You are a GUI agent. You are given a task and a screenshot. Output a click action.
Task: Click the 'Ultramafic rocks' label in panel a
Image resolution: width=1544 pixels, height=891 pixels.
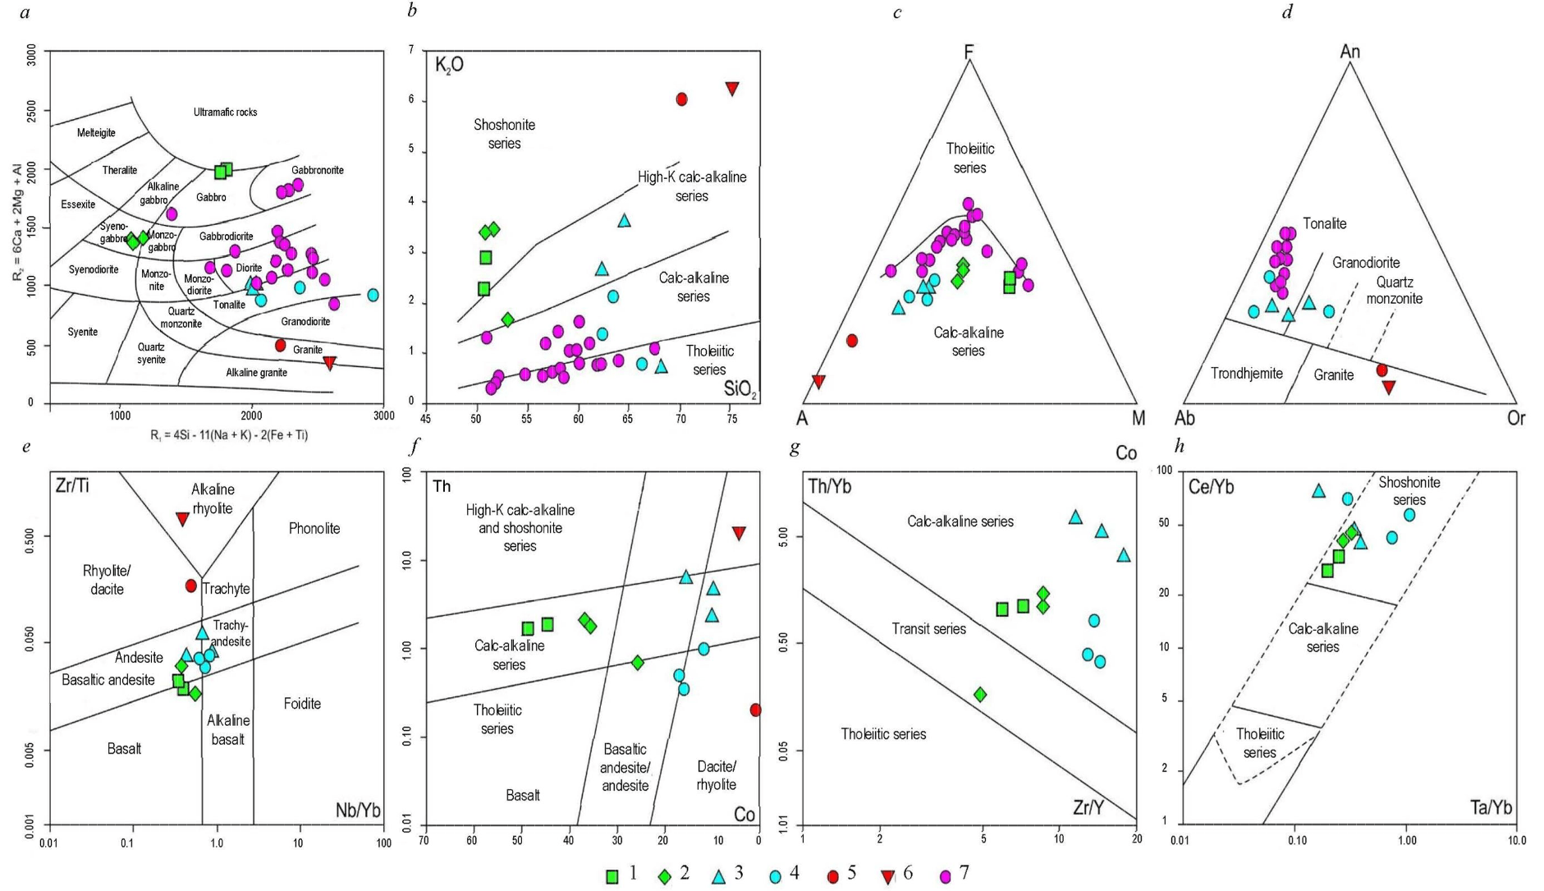(x=225, y=112)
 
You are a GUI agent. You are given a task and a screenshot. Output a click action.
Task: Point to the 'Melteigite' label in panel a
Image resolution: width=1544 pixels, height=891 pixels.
(x=96, y=133)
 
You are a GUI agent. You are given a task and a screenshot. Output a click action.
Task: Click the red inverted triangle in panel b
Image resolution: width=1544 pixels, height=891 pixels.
(x=732, y=89)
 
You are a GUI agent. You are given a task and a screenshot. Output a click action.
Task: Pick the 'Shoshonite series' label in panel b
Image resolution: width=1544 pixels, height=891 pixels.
(x=504, y=134)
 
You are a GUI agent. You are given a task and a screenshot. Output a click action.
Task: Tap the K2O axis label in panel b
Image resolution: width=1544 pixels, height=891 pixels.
(x=449, y=65)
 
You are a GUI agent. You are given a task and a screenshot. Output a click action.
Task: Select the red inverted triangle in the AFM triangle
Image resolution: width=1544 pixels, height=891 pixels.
(x=818, y=381)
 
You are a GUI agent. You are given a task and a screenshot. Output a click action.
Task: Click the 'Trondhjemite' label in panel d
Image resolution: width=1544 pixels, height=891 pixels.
(x=1247, y=374)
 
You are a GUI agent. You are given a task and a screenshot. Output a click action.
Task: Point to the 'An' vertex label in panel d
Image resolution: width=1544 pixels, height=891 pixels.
(x=1349, y=52)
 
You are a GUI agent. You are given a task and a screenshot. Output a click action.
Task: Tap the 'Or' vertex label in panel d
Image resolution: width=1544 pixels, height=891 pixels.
(x=1515, y=418)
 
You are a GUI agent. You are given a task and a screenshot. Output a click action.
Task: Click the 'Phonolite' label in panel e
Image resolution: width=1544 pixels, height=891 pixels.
(x=314, y=528)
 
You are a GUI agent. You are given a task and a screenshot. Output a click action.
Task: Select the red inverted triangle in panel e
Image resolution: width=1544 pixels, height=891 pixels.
(x=183, y=519)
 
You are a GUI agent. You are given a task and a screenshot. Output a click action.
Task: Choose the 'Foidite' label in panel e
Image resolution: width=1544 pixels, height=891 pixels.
(x=302, y=703)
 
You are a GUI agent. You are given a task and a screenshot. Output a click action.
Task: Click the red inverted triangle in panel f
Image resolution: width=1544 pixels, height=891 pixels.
(x=739, y=533)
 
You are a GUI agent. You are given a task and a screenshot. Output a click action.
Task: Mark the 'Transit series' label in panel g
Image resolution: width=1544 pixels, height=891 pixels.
(x=928, y=629)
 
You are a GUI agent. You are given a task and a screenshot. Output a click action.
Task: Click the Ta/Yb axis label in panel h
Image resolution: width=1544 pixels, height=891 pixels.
(x=1491, y=807)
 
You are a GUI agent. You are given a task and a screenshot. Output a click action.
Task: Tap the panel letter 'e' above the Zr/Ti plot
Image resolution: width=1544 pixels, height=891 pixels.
(x=27, y=447)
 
